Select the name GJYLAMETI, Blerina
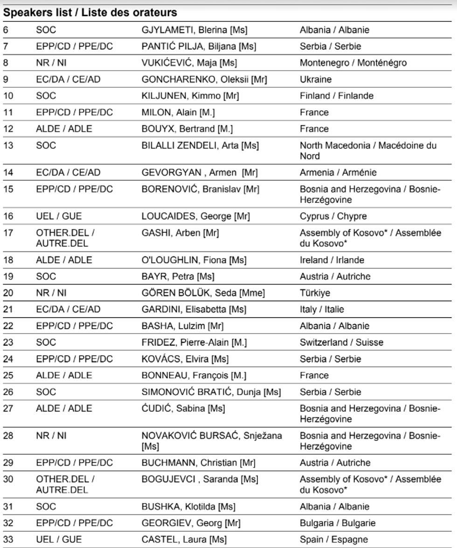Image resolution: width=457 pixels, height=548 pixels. pyautogui.click(x=194, y=30)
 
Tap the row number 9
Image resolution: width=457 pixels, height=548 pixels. pyautogui.click(x=6, y=79)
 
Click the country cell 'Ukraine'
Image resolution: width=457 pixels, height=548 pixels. pyautogui.click(x=316, y=79)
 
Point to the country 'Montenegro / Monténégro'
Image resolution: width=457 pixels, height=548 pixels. pyautogui.click(x=353, y=63)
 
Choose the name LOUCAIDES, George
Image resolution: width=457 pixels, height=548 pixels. pyautogui.click(x=196, y=217)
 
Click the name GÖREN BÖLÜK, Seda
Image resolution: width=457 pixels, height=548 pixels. pyautogui.click(x=203, y=293)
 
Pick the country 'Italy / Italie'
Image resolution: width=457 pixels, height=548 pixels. pyautogui.click(x=322, y=309)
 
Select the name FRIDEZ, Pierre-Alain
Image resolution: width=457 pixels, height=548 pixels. pyautogui.click(x=194, y=342)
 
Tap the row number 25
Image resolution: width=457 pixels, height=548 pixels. pyautogui.click(x=8, y=375)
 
